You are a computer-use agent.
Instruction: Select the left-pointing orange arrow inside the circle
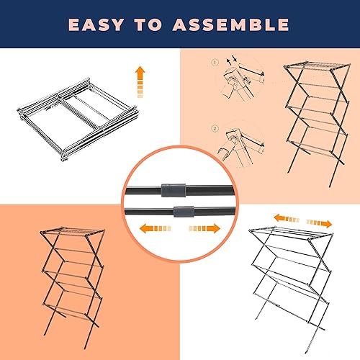point(154,228)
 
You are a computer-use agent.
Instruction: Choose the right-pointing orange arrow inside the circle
point(205,228)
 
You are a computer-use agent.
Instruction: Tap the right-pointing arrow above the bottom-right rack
point(319,222)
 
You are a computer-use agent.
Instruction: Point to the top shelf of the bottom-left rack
point(72,235)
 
